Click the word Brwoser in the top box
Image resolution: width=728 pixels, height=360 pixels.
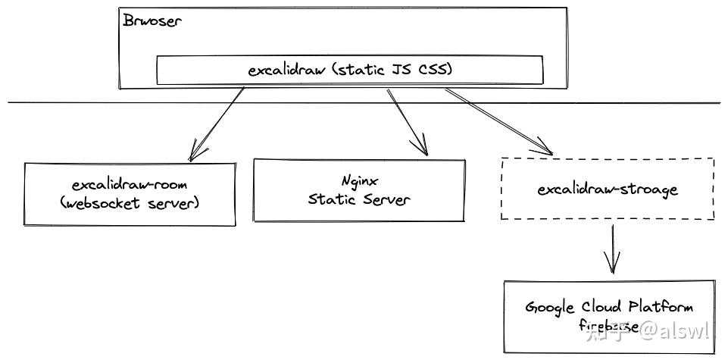click(152, 20)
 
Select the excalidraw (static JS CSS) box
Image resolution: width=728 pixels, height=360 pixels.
click(349, 70)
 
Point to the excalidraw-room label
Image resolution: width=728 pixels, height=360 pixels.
click(130, 185)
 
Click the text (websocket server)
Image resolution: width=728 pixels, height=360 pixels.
click(130, 203)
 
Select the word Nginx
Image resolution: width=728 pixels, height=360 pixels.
click(359, 182)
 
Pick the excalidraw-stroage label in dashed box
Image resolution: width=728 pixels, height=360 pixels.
click(608, 189)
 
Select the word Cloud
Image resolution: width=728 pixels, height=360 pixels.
click(602, 308)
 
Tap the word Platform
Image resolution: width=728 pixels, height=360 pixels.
click(661, 308)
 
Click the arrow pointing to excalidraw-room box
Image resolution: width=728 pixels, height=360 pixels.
click(217, 123)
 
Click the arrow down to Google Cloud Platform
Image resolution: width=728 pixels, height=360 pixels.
click(612, 250)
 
